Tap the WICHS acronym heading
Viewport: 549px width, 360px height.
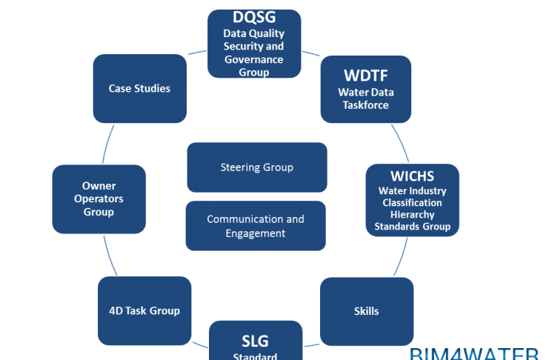412,176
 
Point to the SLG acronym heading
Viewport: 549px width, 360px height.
255,341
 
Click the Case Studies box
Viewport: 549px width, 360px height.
139,88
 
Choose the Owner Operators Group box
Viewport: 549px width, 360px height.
99,199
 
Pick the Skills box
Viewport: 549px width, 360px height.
366,311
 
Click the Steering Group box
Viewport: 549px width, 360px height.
256,167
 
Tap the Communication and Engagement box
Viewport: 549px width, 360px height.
255,226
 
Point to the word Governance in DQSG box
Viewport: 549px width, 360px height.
254,60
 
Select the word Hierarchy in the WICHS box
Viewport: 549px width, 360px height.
412,214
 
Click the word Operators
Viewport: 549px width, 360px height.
99,199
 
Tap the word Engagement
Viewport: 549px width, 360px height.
255,233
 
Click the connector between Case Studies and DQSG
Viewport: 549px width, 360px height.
196,53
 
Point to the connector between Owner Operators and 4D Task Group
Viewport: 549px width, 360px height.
111,256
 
